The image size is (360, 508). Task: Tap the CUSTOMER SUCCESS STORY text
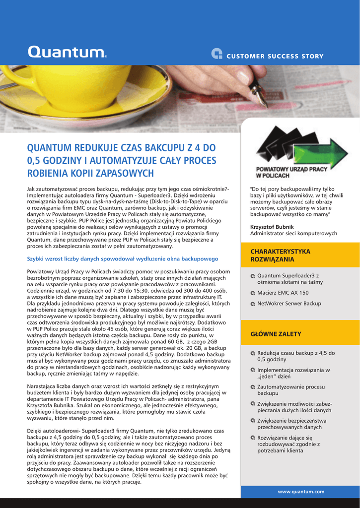275,56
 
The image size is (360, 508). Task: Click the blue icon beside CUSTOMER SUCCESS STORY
216,55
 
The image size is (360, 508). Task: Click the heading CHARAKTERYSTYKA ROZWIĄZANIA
280,255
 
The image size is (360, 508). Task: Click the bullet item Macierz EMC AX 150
283,293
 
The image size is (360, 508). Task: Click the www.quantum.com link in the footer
301,491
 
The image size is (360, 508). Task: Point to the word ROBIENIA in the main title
49,173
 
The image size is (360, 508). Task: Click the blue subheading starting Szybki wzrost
122,258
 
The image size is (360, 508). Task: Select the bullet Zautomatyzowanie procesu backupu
290,389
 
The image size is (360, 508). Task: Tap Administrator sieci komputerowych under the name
293,233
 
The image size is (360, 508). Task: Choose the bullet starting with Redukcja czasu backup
295,356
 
